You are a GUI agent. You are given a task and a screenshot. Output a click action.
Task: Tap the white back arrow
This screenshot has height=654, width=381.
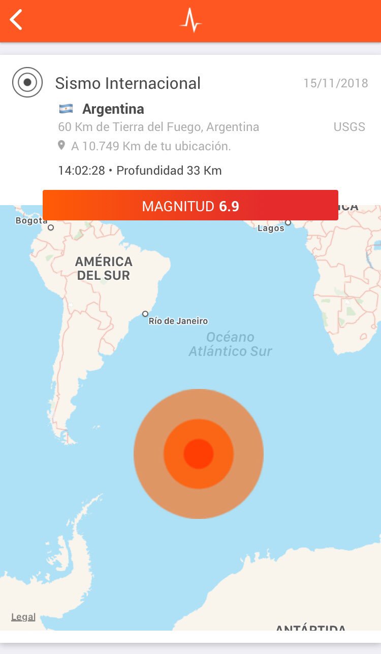coord(16,20)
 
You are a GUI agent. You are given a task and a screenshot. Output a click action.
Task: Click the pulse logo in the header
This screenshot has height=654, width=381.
coord(190,20)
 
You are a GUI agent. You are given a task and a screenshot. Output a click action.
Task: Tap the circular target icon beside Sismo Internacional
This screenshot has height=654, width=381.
coord(27,82)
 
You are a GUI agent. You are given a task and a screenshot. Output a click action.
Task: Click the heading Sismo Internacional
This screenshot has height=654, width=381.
coord(128,83)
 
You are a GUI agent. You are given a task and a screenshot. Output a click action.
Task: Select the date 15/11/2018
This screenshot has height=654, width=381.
coord(336,83)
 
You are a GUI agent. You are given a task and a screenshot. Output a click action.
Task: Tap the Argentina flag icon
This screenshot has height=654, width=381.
coord(66,109)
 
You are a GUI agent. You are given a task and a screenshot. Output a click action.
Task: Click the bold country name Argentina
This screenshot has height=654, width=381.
coord(113,109)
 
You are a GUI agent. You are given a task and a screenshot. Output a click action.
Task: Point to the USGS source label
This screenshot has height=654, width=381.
coord(350,127)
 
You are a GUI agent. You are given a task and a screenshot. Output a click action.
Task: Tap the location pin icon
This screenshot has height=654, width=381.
coord(61,146)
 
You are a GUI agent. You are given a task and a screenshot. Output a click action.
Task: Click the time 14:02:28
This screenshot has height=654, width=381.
coord(81,171)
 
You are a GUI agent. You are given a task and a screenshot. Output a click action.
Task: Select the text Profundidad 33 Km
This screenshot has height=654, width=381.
coord(169,171)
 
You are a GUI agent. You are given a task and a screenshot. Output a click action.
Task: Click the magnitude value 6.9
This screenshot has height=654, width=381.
coord(229,206)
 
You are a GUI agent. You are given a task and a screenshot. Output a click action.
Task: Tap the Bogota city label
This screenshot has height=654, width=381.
coord(31,220)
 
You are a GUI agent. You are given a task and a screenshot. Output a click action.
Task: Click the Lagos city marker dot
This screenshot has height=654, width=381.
coord(288,222)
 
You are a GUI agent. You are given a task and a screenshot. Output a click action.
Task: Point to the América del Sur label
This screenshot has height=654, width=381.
coord(104,269)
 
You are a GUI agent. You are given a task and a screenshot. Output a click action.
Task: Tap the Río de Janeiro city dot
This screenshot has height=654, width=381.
coord(145,314)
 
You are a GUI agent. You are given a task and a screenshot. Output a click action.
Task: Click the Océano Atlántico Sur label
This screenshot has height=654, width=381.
coord(231,344)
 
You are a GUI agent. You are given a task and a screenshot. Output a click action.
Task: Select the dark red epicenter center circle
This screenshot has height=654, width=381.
coord(198,454)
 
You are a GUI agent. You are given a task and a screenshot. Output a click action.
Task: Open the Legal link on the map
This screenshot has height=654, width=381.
coord(23,617)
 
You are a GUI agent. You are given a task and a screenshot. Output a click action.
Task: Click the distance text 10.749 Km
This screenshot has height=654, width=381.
coord(105,146)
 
